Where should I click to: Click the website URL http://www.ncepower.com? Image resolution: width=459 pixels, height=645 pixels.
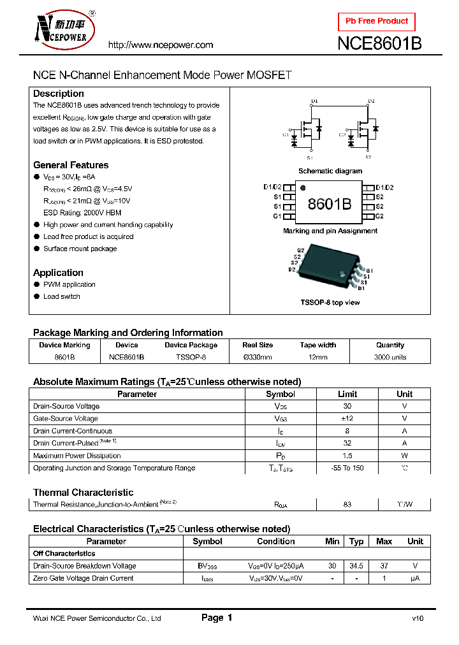(160, 45)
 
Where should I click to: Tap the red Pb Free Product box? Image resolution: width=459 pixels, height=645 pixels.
(376, 21)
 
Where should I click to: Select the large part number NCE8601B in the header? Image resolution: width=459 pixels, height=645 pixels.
(379, 44)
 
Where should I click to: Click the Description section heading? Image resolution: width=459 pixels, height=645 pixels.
(59, 94)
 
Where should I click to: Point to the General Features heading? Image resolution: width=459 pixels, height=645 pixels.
(71, 165)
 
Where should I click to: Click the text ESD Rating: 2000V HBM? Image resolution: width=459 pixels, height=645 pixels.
(82, 213)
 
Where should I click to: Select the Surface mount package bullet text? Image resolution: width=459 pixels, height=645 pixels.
(80, 249)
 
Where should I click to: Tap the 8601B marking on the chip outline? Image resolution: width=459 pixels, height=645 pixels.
(329, 204)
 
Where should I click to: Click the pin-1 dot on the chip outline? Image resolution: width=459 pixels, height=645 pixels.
(303, 189)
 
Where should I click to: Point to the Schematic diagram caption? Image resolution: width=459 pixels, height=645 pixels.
(330, 171)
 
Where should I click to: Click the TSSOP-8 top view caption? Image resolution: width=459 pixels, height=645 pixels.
(330, 302)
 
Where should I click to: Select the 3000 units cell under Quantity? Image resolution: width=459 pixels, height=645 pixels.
(390, 358)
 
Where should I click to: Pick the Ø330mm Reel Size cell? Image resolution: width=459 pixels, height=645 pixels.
(258, 358)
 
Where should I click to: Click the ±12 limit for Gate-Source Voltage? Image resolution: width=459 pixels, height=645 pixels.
(347, 419)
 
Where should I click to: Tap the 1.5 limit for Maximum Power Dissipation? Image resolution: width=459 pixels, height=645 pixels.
(347, 456)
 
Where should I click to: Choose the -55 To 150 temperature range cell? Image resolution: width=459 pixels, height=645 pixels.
(347, 468)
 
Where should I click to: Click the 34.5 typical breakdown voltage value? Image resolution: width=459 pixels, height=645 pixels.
(356, 566)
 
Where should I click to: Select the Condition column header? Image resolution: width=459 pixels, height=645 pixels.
(276, 541)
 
